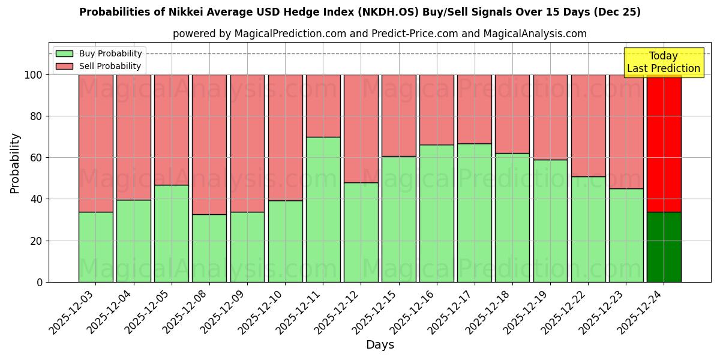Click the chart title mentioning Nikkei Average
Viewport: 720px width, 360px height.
click(359, 12)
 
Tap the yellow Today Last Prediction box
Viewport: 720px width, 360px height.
click(663, 62)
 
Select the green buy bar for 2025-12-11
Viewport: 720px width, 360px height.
click(323, 209)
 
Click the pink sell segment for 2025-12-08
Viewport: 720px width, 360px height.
click(209, 144)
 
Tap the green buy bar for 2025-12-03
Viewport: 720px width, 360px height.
click(95, 247)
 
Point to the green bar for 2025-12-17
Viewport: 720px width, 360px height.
click(474, 212)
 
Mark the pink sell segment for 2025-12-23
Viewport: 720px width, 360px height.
click(626, 131)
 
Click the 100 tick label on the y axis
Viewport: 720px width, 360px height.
click(32, 75)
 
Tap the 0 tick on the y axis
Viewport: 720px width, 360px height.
click(40, 282)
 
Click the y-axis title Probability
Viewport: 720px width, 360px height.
click(15, 163)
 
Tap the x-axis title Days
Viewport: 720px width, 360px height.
click(380, 345)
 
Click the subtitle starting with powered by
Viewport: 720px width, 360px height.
click(379, 34)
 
